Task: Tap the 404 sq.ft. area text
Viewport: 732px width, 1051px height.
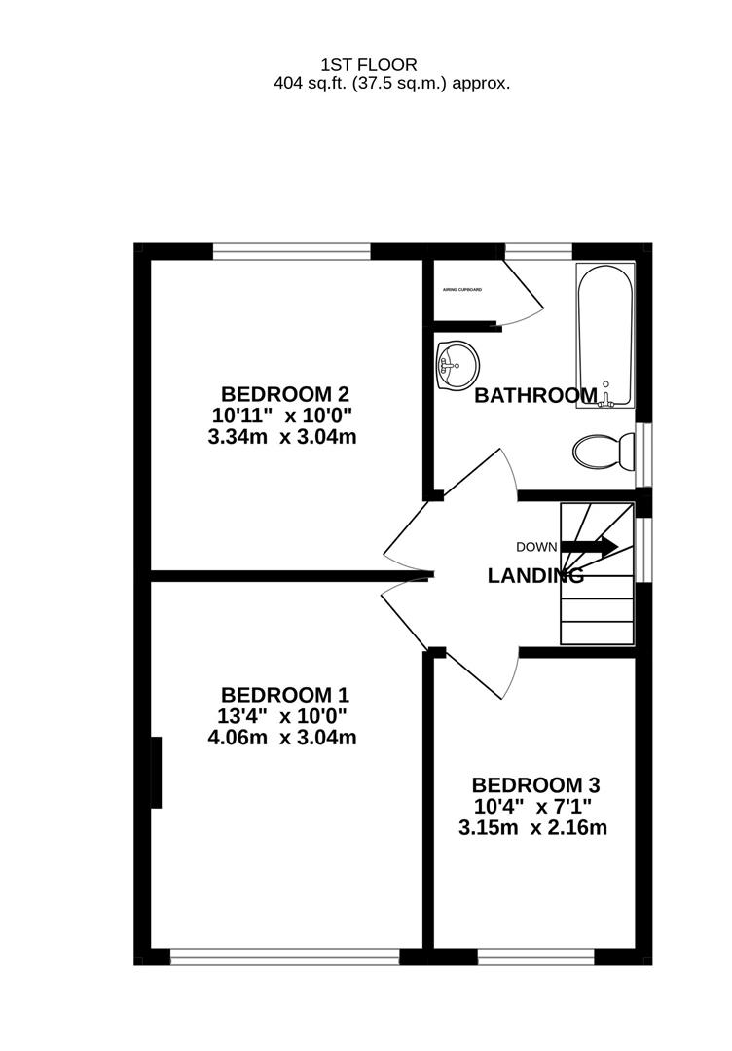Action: click(391, 84)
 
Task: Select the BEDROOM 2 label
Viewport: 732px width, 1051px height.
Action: click(284, 394)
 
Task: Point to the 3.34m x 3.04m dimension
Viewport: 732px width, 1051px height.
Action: click(282, 437)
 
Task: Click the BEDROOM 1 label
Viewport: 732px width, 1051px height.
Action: click(284, 695)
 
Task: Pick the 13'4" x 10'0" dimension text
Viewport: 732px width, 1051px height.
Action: click(282, 716)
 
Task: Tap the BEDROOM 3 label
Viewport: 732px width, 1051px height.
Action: click(534, 785)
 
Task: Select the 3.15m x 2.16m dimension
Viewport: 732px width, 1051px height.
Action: click(533, 828)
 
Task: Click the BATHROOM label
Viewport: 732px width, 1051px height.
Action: click(534, 396)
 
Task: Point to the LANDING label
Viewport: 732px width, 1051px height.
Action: click(535, 576)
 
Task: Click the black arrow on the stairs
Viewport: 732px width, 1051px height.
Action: click(590, 546)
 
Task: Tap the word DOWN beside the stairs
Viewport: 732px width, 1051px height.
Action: click(536, 547)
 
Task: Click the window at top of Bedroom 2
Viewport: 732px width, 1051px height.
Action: click(292, 252)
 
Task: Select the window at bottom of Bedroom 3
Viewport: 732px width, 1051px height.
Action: click(535, 958)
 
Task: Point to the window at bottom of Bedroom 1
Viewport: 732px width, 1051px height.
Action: click(284, 958)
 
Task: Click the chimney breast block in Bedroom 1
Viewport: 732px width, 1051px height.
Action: click(157, 773)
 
